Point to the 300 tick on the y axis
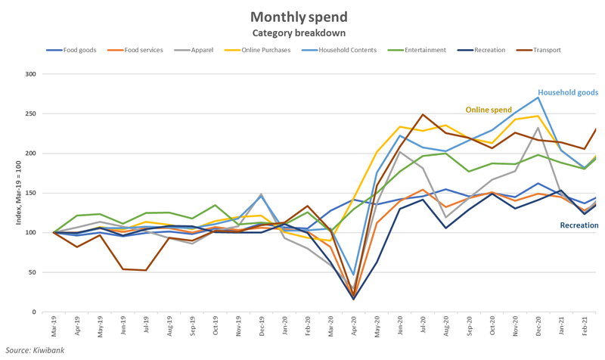pos(30,74)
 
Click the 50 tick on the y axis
pos(33,272)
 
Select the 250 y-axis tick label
pos(30,113)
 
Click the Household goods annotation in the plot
pos(568,92)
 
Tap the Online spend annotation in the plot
pos(489,110)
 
